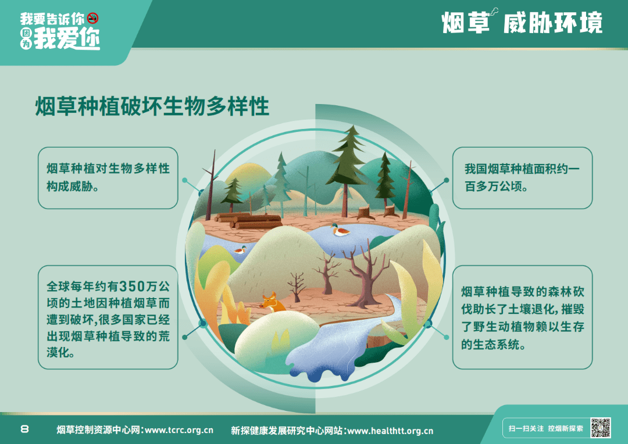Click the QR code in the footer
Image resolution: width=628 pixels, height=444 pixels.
click(x=600, y=428)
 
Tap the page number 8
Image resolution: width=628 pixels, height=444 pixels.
click(x=24, y=429)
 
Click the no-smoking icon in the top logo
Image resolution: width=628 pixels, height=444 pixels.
click(x=93, y=18)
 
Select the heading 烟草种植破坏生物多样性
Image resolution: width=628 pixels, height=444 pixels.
click(x=152, y=106)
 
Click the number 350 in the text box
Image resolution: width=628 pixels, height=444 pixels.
click(x=132, y=287)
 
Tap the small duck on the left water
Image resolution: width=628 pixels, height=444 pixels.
click(x=240, y=250)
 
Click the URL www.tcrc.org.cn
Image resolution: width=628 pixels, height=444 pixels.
click(x=179, y=430)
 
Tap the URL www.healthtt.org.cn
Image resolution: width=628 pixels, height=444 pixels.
click(x=391, y=431)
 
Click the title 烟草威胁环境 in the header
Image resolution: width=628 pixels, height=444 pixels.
click(x=522, y=22)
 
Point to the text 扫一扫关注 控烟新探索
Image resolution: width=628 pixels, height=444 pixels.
click(x=545, y=428)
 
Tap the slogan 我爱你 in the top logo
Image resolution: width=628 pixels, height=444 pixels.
click(x=67, y=40)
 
